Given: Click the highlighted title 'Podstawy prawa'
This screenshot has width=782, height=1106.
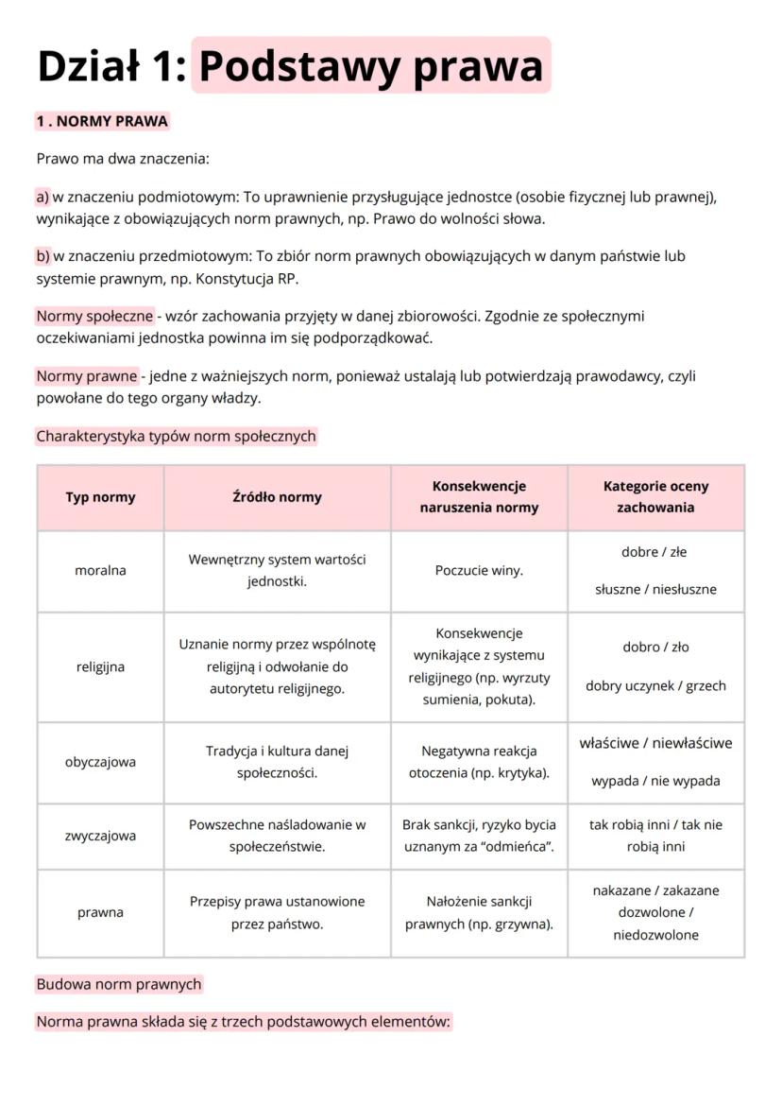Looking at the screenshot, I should coord(370,65).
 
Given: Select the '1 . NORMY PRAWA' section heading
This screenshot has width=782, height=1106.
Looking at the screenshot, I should coord(102,121).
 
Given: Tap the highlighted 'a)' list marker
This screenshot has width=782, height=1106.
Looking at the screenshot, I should coord(42,197).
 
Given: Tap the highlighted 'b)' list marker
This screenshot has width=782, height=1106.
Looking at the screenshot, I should coord(42,256).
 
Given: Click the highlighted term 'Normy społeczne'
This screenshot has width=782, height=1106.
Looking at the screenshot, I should coord(94,316).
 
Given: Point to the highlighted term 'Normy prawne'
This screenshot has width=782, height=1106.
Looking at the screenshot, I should coord(87,376).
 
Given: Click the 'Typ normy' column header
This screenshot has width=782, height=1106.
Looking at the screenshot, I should coord(100,497).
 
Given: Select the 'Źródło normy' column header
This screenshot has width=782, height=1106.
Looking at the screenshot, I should coord(277,497).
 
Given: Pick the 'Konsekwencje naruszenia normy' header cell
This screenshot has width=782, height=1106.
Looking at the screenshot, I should coord(479,497).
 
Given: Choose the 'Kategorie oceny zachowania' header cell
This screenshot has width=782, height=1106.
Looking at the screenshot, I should coord(655,497).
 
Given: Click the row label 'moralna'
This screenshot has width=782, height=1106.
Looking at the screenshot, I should coord(100,571).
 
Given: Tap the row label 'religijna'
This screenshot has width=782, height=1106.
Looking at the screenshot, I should coord(100,667).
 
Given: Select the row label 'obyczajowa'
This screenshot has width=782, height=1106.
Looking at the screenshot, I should coord(100,763).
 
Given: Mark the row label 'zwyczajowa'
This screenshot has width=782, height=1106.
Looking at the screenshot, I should coord(100,836).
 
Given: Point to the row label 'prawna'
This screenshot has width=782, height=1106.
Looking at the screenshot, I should coord(100,913).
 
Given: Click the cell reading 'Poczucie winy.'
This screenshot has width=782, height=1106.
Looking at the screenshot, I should coord(479,571).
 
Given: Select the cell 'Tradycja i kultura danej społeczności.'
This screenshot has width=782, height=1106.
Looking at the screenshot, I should coord(277,763).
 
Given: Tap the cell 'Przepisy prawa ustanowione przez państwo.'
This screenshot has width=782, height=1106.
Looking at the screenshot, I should coord(277,913).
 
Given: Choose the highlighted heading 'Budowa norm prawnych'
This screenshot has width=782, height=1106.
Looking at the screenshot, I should coord(119,984).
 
